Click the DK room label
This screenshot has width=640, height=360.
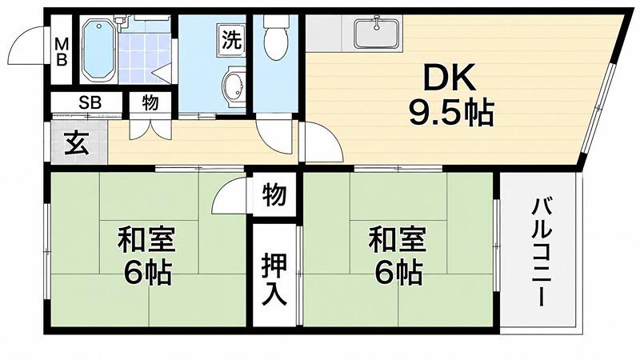[449, 77]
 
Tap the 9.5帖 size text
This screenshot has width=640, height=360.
[451, 112]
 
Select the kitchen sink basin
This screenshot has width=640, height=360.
[376, 33]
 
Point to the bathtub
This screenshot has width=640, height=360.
[99, 50]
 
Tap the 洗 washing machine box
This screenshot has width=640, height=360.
[231, 39]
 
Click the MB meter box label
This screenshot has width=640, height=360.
[62, 51]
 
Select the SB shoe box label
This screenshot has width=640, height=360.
[90, 102]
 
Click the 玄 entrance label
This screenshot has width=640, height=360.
[77, 144]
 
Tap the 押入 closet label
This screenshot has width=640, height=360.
[274, 279]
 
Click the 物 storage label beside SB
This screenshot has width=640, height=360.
[150, 102]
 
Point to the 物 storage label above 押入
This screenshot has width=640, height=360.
[274, 194]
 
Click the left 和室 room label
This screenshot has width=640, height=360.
[146, 240]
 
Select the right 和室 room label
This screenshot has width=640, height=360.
[398, 240]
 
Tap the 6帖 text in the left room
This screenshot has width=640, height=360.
[148, 273]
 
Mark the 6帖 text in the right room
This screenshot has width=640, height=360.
[398, 273]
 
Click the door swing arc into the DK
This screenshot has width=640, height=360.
[330, 137]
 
